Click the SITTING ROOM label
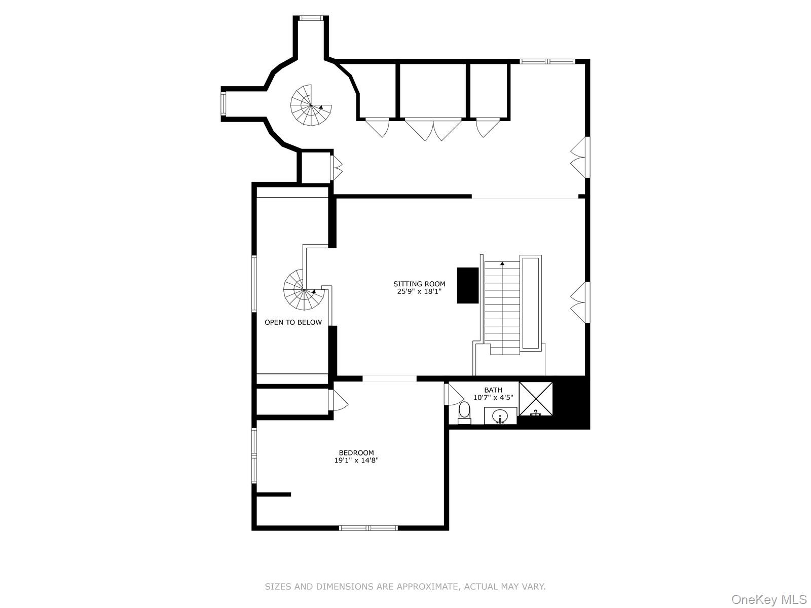(419, 284)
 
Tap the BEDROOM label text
(356, 453)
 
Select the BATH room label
(493, 390)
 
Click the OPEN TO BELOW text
(293, 322)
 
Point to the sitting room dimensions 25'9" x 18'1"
(419, 291)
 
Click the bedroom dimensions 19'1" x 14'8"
(356, 461)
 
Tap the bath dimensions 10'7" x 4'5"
(493, 398)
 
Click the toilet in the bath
(464, 412)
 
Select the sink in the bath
(500, 416)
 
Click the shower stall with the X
(536, 398)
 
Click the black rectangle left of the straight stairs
(468, 285)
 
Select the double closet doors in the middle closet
(433, 129)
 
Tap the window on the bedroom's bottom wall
(368, 528)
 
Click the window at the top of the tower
(310, 18)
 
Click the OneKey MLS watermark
(768, 600)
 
